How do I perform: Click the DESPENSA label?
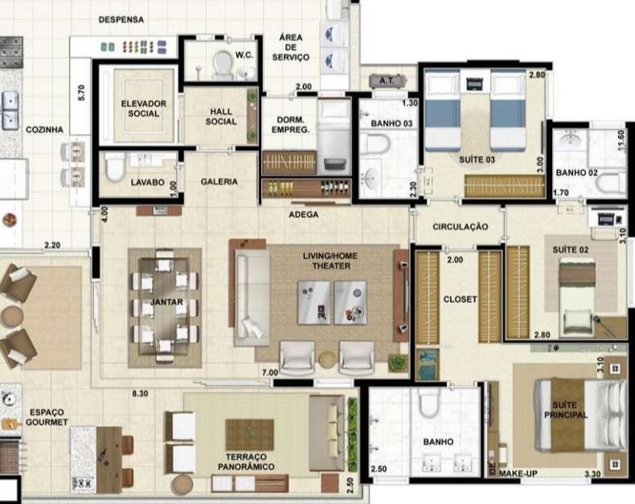tap(121, 19)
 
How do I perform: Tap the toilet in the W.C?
tap(223, 64)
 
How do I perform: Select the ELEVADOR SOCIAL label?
tap(143, 108)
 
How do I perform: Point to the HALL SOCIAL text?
tap(221, 116)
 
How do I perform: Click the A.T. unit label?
tap(387, 80)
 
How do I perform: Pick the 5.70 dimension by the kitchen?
tap(81, 92)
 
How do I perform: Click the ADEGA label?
tap(303, 214)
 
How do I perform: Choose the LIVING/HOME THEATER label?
tap(330, 261)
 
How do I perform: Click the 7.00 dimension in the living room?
tap(270, 372)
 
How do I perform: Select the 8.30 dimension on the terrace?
tap(140, 393)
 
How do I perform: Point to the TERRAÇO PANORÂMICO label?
tap(246, 461)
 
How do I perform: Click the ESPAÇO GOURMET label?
tap(47, 417)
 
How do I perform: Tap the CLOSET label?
tap(460, 299)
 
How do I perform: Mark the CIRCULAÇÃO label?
tap(460, 226)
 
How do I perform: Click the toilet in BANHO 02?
tap(612, 183)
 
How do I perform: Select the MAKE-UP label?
tap(518, 474)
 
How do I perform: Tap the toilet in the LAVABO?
tap(115, 167)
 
